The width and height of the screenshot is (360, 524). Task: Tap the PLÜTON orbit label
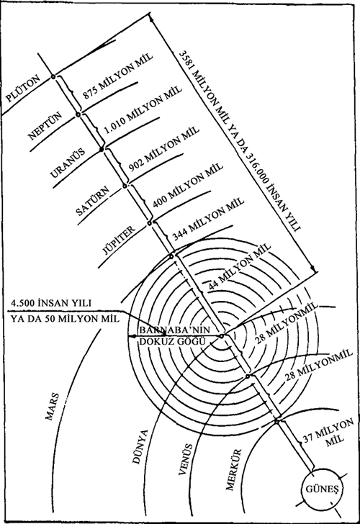click(23, 88)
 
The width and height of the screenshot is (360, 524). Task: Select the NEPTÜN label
click(45, 126)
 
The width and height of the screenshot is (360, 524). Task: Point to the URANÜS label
click(67, 163)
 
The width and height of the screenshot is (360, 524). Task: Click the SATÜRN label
click(93, 201)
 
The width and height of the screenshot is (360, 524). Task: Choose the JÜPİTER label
click(120, 240)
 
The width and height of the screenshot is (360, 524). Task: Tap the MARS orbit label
click(53, 406)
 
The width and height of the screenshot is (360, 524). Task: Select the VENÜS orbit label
click(186, 459)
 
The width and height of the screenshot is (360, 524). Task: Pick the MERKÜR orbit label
click(233, 469)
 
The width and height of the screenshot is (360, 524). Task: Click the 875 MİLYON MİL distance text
click(117, 76)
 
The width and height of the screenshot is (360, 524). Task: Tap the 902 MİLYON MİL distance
click(164, 149)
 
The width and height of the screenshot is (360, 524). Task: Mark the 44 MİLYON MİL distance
click(239, 266)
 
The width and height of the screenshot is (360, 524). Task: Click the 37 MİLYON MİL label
click(328, 433)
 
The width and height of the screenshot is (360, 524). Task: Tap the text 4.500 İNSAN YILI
click(51, 303)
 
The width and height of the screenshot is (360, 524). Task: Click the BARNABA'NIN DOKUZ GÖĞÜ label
click(174, 335)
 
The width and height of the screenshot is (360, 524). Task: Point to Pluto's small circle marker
click(53, 77)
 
